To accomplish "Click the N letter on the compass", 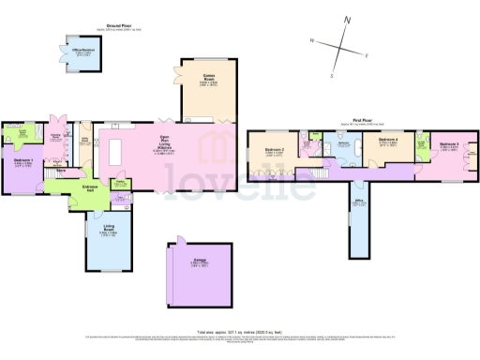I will point(348,19).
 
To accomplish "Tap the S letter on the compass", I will point(331,76).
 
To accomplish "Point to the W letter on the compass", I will point(312,40).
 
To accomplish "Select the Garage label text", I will point(199,262).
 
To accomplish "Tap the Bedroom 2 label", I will point(275,150).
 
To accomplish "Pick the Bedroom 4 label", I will point(388,139).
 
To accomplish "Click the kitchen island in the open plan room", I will point(117,151).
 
